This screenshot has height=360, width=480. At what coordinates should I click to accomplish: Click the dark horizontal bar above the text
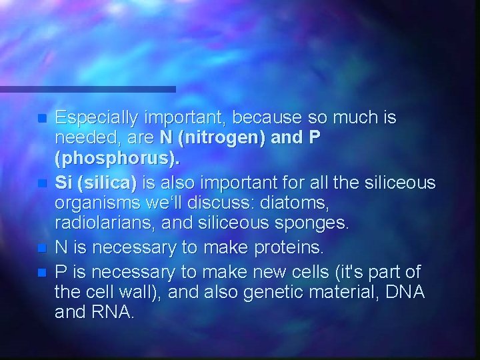87,89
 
